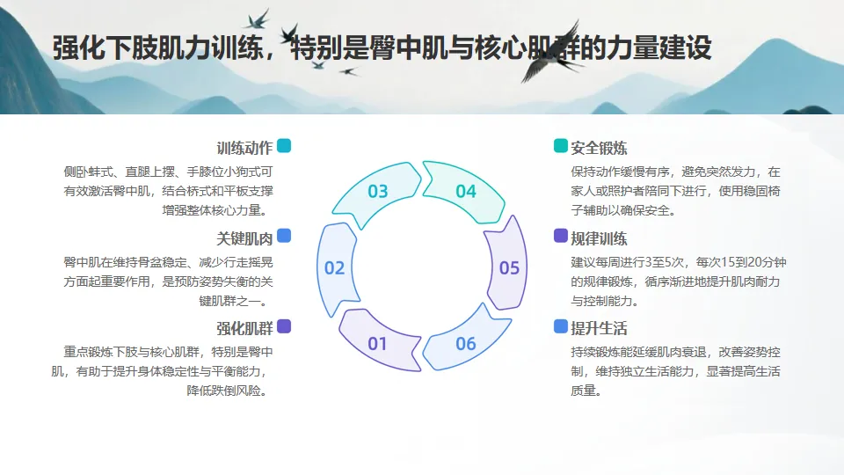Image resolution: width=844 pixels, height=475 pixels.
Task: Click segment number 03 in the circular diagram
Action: [x=378, y=191]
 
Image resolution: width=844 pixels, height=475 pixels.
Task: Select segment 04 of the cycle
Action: [x=465, y=191]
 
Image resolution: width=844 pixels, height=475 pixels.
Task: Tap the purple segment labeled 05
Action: [x=509, y=267]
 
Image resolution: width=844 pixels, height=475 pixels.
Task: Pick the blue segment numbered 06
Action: [x=465, y=343]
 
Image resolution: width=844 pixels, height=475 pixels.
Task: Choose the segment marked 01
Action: [x=378, y=343]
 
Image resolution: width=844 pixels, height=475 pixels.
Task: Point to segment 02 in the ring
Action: [x=335, y=267]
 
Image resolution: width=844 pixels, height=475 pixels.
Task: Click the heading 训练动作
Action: [x=244, y=148]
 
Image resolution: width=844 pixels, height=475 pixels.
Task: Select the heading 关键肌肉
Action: [x=244, y=238]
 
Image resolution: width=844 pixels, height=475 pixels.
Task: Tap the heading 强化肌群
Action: [x=244, y=329]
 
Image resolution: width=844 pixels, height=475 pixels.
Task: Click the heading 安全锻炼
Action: [x=599, y=148]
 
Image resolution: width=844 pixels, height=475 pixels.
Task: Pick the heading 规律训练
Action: [x=599, y=238]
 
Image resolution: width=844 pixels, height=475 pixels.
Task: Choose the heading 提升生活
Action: [x=599, y=329]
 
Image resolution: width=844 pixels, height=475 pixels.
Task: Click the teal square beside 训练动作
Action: [x=284, y=146]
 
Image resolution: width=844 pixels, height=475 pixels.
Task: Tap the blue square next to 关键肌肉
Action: [x=284, y=236]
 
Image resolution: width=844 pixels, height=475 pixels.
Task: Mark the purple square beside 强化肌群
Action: [x=284, y=326]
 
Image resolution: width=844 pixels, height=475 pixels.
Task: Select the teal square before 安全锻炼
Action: [x=561, y=146]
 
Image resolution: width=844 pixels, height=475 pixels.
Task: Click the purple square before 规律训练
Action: [x=561, y=236]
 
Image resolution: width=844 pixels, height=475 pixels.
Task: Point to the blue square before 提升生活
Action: [x=561, y=326]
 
